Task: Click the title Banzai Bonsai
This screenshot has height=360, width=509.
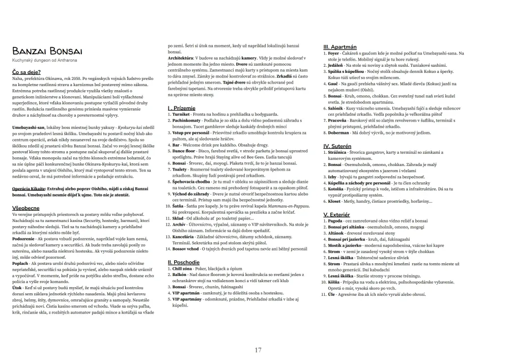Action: coord(47,52)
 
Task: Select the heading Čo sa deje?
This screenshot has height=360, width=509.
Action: coord(26,72)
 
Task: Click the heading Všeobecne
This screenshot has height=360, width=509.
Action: coord(26,208)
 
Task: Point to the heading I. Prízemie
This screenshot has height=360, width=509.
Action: coord(182,108)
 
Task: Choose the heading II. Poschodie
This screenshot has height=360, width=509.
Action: coord(184,262)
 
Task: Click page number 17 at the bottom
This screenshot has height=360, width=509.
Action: coord(258,350)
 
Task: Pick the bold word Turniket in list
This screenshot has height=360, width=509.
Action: coord(182,115)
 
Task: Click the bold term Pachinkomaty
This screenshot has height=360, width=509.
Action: coord(187,121)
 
